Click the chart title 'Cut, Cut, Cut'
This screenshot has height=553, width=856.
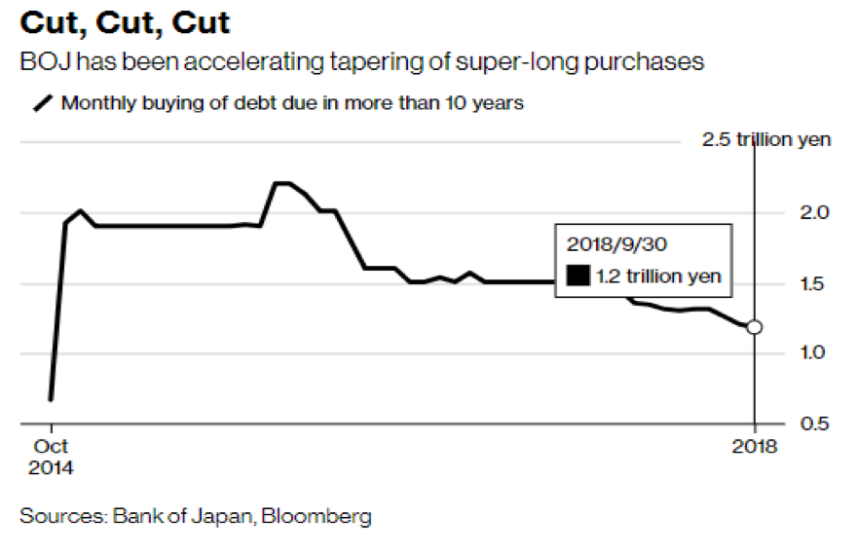point(127,22)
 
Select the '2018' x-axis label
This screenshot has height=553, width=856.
point(754,447)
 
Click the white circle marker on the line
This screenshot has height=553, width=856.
point(754,327)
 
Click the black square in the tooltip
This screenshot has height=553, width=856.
point(578,276)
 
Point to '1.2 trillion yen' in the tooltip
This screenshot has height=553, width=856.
point(658,276)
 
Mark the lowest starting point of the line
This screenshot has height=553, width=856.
point(50,399)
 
